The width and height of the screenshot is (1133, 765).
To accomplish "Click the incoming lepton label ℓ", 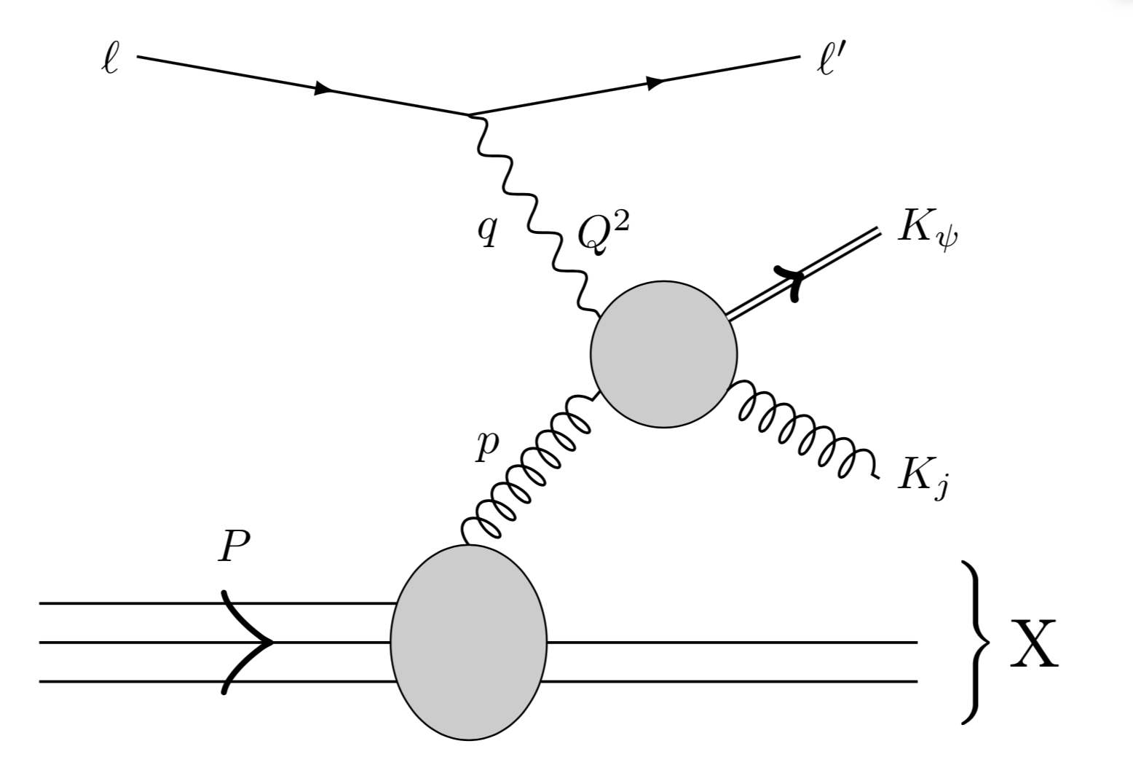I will tap(109, 60).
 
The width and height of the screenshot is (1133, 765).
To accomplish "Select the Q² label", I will tap(601, 235).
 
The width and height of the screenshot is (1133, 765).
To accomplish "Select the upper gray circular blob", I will tap(663, 354).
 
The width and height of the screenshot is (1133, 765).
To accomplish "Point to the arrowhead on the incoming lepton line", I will tap(323, 89).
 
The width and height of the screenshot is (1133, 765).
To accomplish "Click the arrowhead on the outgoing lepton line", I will tap(655, 83).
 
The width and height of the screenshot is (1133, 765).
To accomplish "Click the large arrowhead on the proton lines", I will tap(251, 642).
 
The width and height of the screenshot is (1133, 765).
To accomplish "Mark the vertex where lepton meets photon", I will tap(470, 115).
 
